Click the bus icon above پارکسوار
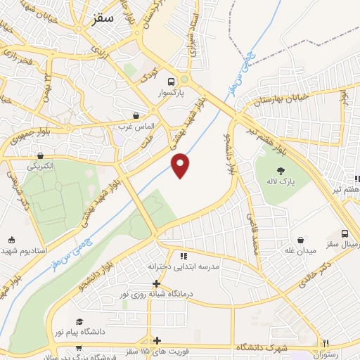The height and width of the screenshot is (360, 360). click(173, 81)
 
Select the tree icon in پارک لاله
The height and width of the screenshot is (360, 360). click(281, 170)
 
